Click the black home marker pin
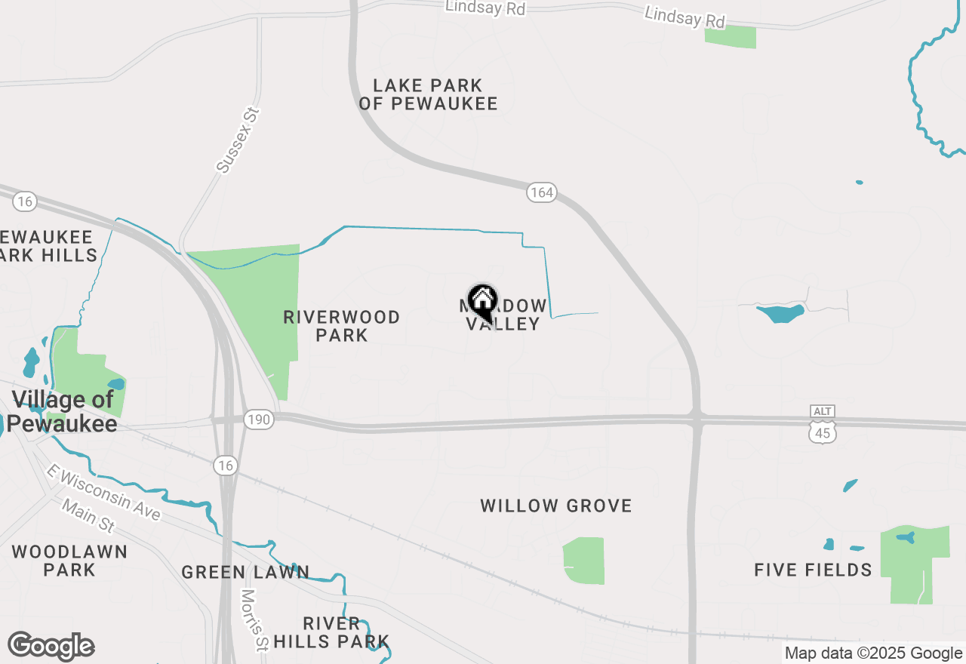482,301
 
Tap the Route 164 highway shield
541,192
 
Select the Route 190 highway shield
258,420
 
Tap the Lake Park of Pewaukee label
428,95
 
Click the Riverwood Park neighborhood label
342,326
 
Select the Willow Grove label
556,506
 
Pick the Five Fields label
813,570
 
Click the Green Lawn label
245,573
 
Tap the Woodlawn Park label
69,561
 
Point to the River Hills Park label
331,633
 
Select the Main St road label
88,516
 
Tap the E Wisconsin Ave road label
103,492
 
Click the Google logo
51,647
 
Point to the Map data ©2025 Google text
873,653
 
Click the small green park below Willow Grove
584,561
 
